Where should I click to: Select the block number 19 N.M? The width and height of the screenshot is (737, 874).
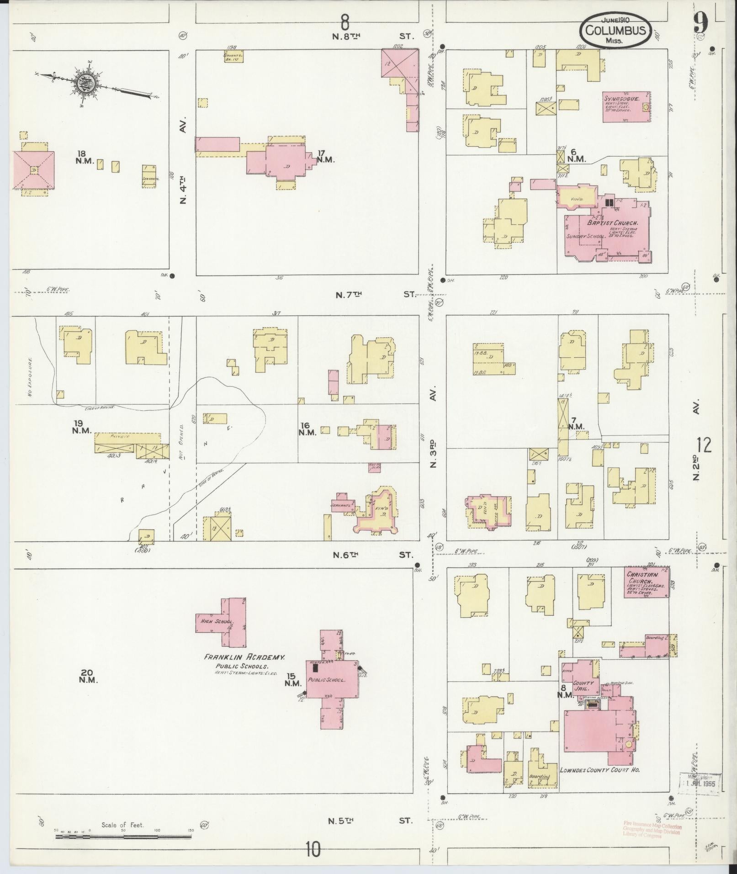[82, 427]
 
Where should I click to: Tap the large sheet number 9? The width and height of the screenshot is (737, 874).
[700, 21]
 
